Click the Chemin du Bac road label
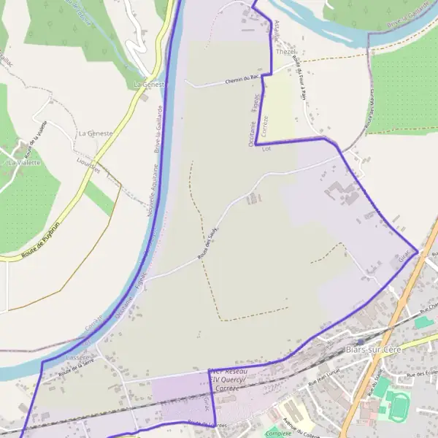click(x=244, y=78)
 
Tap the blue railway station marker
click(x=360, y=341)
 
